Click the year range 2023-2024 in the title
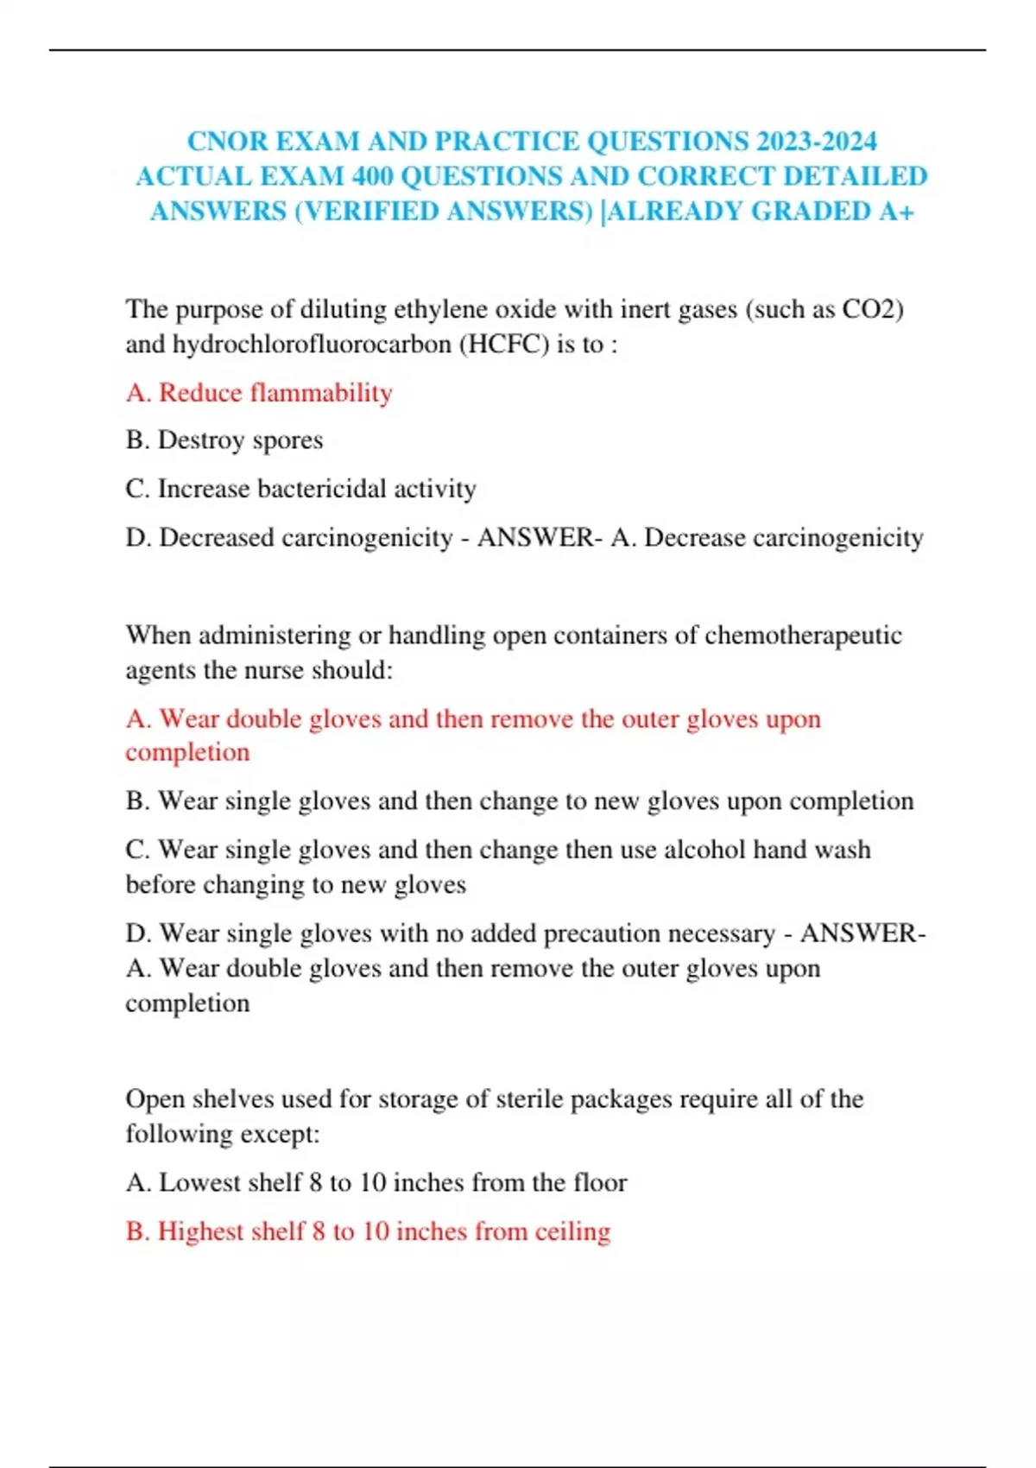(817, 141)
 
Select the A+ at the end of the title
(895, 212)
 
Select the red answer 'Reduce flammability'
(275, 393)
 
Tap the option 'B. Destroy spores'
(224, 440)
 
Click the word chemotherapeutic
(803, 636)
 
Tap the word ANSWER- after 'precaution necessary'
(862, 933)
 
